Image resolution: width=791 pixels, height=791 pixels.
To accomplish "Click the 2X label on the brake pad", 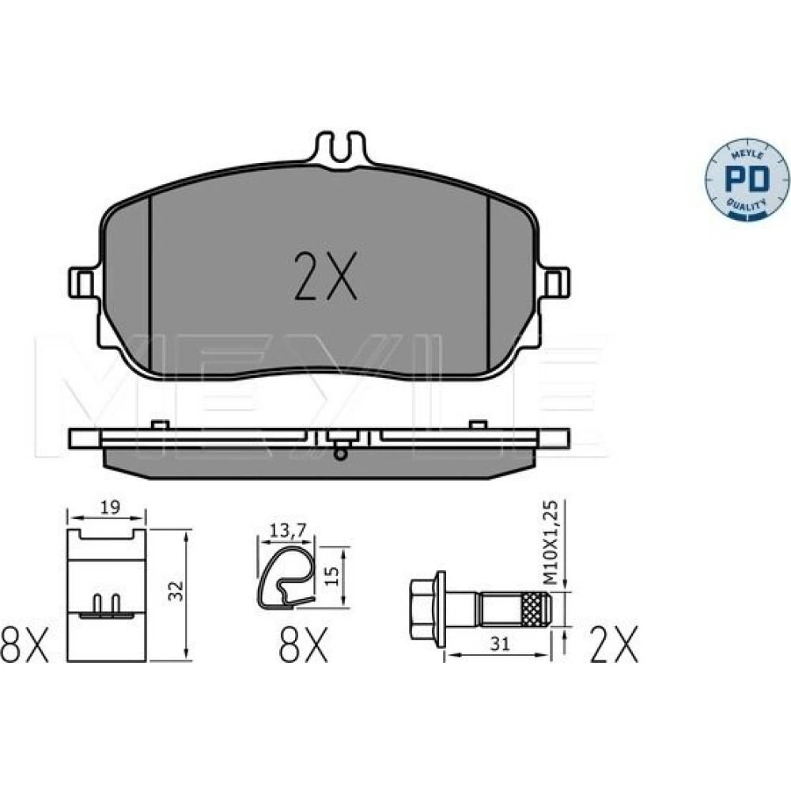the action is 325,276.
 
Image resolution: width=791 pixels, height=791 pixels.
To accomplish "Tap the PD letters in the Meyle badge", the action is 747,179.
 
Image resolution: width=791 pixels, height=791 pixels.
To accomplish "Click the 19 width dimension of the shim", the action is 109,507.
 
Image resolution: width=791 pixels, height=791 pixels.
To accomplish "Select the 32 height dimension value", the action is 176,591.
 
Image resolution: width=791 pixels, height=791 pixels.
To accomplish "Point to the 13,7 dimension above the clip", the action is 288,530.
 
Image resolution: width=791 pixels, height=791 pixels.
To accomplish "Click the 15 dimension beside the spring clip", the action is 331,576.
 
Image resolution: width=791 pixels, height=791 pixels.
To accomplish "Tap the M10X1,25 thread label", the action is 552,543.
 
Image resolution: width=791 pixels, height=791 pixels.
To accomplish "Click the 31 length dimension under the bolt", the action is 501,643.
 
